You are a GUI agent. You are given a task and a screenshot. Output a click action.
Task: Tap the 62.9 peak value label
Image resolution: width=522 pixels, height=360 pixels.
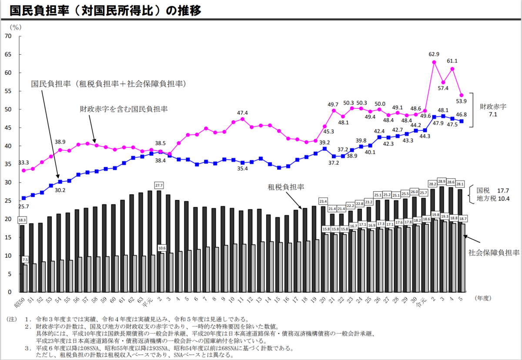coord(434,54)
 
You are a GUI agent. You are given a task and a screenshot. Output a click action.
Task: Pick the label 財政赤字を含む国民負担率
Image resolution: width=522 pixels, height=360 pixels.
coord(124,109)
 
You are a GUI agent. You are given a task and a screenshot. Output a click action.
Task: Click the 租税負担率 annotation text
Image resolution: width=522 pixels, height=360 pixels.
coord(285,187)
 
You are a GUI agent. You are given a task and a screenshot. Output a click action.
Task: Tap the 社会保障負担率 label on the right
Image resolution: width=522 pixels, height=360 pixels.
coord(494,253)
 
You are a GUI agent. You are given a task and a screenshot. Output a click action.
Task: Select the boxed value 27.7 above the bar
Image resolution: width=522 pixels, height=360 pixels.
coord(159,185)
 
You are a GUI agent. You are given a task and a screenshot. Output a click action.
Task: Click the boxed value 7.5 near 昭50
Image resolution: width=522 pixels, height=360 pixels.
coord(25,259)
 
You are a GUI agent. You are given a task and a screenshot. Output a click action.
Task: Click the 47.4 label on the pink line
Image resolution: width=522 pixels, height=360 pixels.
coord(242,113)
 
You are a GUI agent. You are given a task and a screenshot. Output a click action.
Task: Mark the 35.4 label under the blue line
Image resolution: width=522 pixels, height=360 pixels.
coord(242,168)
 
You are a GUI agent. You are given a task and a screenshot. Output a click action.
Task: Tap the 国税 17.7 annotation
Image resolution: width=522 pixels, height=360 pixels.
coord(493,190)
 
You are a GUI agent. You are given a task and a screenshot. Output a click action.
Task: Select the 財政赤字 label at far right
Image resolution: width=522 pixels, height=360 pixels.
coord(493,106)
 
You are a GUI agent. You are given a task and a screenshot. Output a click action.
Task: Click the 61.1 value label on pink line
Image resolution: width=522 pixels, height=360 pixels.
coord(452,61)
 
